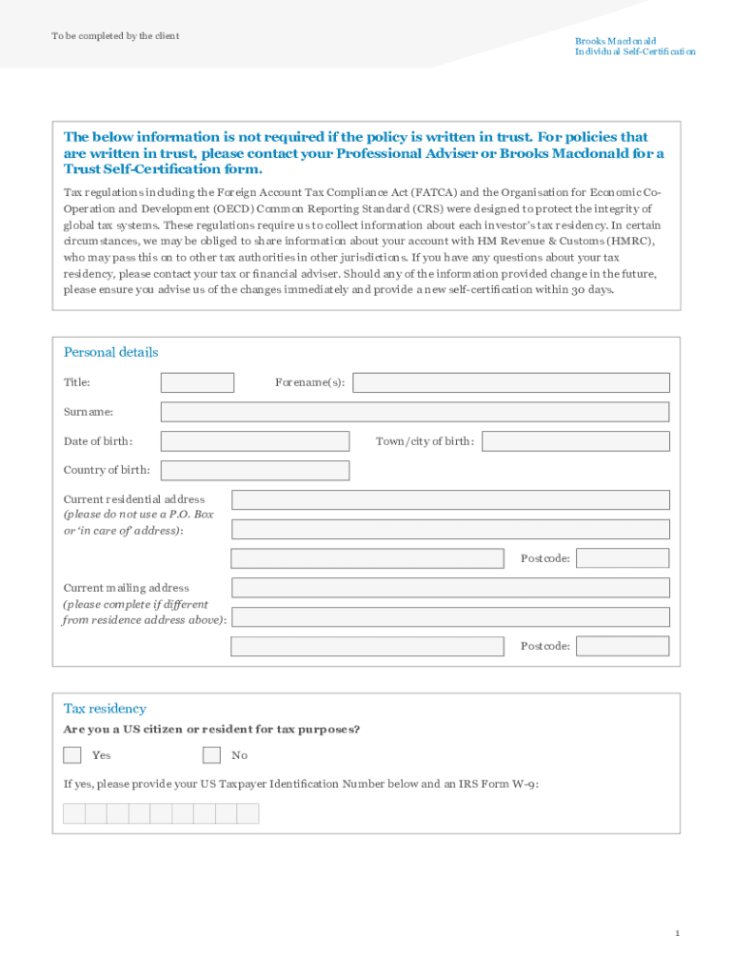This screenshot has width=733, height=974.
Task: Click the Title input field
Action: click(x=197, y=382)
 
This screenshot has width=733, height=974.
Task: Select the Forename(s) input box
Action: click(x=511, y=382)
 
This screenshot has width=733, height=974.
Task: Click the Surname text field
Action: click(x=414, y=412)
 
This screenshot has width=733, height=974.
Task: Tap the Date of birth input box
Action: click(x=254, y=441)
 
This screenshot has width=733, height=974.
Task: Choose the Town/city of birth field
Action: click(x=575, y=441)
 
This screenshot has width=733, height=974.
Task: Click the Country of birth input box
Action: click(x=254, y=471)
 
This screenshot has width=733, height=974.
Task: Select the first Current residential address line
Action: click(x=450, y=500)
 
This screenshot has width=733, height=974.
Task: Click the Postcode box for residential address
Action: click(x=623, y=558)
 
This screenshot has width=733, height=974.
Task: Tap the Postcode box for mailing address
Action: click(x=623, y=647)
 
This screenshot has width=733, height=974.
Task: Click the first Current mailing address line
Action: click(x=450, y=588)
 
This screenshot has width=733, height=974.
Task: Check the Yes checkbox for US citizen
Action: click(x=72, y=755)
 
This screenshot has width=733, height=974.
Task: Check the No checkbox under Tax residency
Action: click(x=211, y=755)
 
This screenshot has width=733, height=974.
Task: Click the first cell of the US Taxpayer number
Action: click(x=74, y=813)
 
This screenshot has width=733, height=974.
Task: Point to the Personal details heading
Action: click(x=110, y=352)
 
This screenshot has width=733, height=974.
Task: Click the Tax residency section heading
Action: click(x=105, y=709)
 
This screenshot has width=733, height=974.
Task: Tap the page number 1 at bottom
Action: click(x=677, y=934)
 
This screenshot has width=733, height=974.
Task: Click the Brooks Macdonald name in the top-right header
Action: click(x=615, y=42)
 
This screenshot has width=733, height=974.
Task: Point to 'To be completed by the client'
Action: click(x=115, y=36)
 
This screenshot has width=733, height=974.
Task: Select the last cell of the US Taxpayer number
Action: click(x=248, y=813)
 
